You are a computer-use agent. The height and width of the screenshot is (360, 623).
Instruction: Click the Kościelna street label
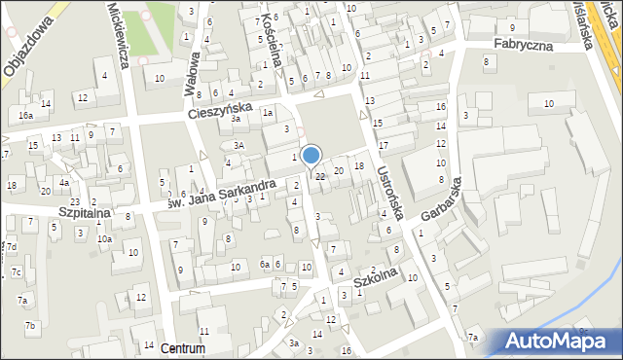(275, 39)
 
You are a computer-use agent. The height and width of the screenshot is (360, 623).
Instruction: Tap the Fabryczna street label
(523, 45)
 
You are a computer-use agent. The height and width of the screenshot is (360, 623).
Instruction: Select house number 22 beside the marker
(320, 175)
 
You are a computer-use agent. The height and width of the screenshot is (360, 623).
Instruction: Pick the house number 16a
(25, 115)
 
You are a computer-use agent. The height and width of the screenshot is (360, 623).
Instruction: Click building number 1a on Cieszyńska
(266, 113)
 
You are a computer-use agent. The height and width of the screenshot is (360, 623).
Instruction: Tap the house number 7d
(12, 246)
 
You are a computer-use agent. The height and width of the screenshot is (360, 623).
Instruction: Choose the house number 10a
(104, 238)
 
